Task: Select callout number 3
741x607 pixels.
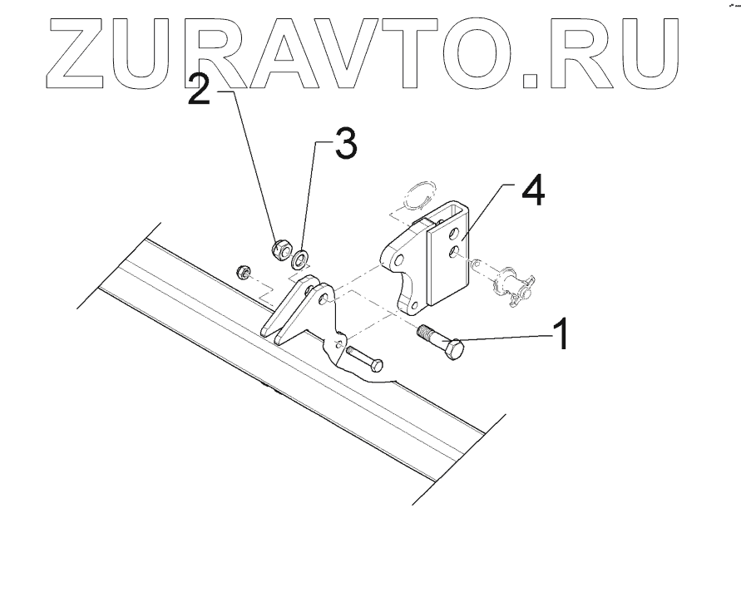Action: pyautogui.click(x=345, y=146)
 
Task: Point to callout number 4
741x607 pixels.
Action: pyautogui.click(x=532, y=190)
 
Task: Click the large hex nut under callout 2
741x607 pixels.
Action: pyautogui.click(x=281, y=247)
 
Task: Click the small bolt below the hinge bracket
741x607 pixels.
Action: pyautogui.click(x=363, y=359)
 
